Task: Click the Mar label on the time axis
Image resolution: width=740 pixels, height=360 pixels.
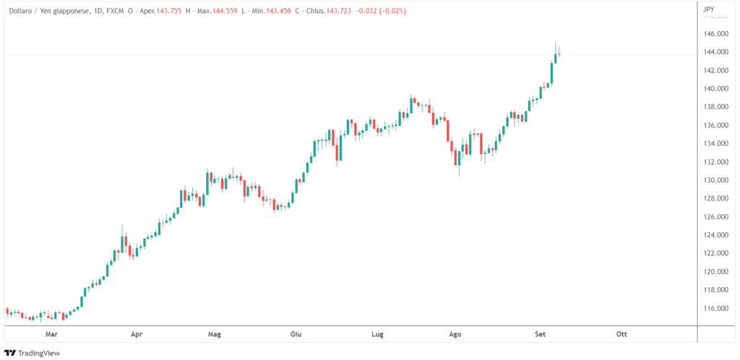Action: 51,335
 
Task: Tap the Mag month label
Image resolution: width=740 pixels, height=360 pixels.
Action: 214,335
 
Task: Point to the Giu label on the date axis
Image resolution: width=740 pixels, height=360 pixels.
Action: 295,335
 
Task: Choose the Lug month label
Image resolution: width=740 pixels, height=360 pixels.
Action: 376,335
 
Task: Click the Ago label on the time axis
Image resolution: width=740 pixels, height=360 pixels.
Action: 455,335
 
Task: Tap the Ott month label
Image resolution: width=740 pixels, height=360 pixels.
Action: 621,335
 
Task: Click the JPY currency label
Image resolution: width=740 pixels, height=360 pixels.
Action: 709,10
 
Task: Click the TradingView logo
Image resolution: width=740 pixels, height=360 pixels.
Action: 33,353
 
